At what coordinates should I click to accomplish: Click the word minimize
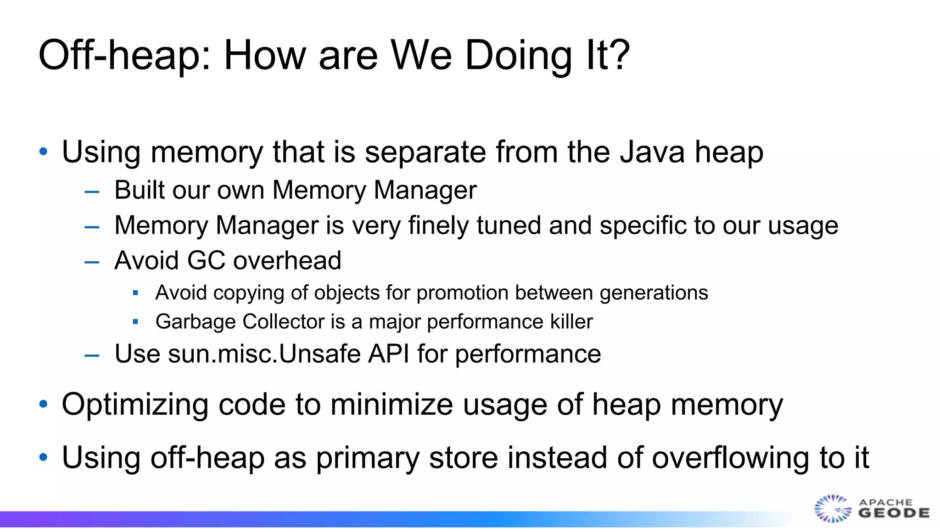point(392,405)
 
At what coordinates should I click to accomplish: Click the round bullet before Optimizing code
point(44,404)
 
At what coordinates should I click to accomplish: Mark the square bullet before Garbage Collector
point(135,322)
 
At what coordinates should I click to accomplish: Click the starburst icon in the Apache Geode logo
point(832,509)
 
